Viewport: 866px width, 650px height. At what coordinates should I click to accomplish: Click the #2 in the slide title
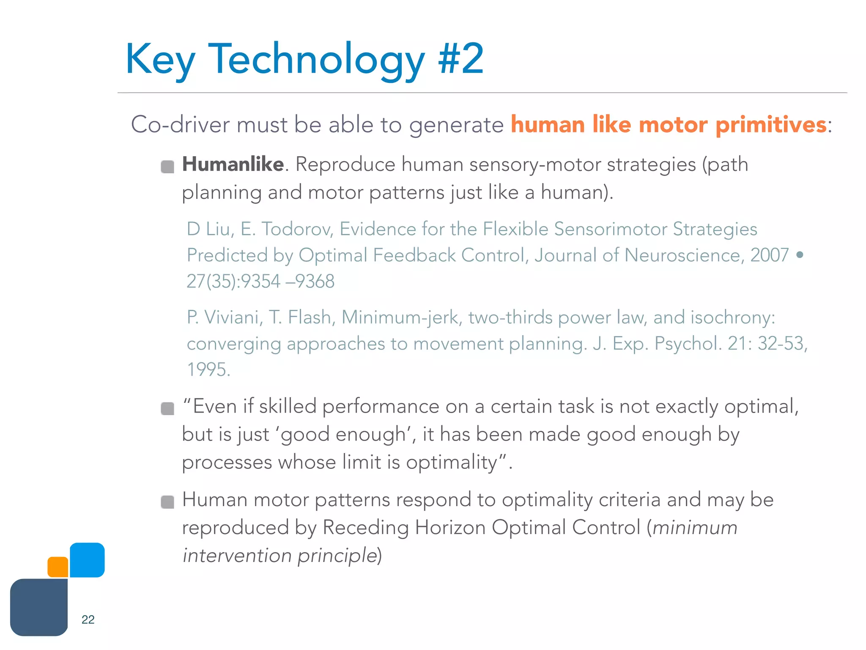tap(461, 59)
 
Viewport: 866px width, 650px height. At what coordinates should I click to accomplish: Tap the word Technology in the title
tap(316, 59)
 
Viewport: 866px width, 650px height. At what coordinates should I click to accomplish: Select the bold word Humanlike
tap(233, 164)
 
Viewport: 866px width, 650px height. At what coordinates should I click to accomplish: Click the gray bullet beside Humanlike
tap(167, 167)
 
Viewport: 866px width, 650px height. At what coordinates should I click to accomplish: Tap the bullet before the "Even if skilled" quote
tap(167, 409)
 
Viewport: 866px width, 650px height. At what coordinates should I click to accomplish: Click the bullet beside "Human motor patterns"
tap(167, 502)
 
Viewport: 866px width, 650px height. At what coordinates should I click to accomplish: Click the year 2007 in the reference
tap(769, 255)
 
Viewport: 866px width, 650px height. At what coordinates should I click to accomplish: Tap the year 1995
tap(208, 370)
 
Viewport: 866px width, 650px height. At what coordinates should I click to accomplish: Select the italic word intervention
tap(237, 556)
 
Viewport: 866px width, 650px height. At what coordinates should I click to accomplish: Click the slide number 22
tap(88, 620)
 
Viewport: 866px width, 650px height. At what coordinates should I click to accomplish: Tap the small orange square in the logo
tap(58, 567)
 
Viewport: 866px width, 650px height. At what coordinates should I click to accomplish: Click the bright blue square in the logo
tap(87, 560)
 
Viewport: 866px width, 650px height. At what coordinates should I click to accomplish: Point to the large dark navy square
tap(39, 607)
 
